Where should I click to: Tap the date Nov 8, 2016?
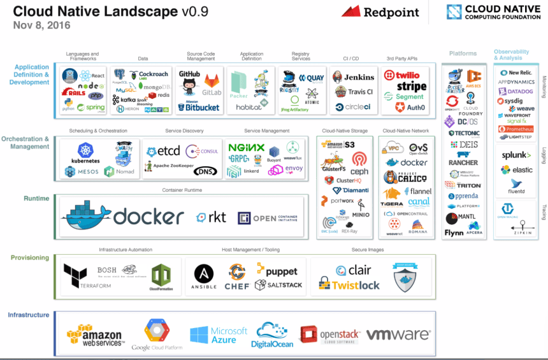point(41,25)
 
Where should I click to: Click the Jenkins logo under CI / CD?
point(354,77)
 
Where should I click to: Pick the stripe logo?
point(411,86)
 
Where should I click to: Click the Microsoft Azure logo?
point(218,335)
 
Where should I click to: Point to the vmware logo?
point(398,335)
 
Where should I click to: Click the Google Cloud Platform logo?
point(156,335)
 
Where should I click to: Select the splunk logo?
point(516,155)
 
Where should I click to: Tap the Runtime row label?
point(36,199)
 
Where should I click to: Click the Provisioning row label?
point(30,258)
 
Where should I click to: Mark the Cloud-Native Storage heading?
point(343,131)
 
